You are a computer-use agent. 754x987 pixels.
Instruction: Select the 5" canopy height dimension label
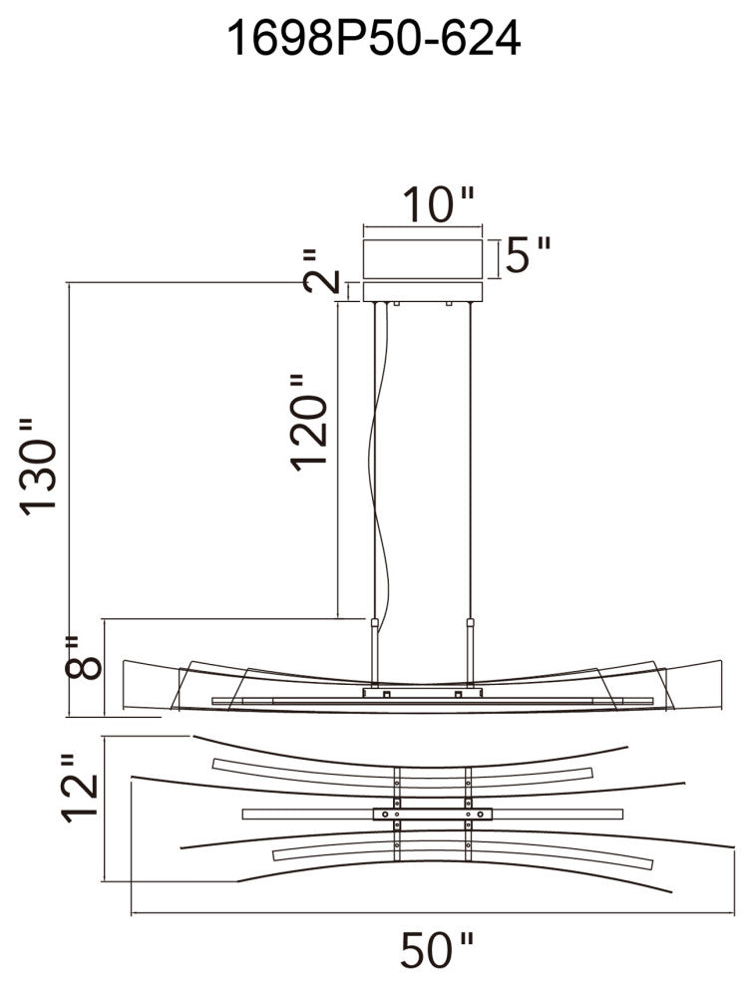528,256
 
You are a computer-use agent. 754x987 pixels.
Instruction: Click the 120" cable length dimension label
308,421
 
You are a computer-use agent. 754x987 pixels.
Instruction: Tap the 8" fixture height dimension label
84,657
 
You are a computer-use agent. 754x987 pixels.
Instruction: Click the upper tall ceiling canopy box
423,258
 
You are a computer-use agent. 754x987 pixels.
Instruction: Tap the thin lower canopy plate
423,291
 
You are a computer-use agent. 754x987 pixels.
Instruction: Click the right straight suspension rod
469,459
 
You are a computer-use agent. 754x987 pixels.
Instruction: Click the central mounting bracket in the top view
432,813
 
